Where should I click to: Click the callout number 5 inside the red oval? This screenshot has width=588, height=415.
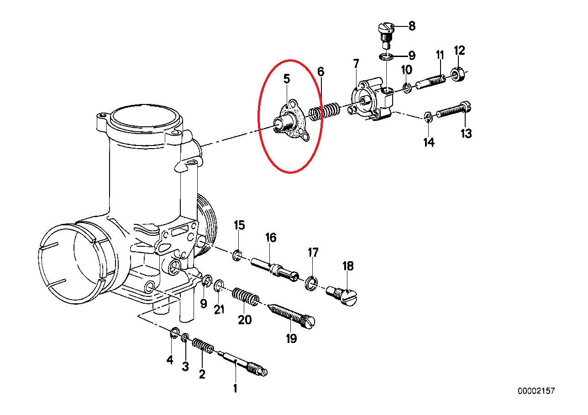[286, 79]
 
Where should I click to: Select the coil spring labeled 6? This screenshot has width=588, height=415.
[325, 111]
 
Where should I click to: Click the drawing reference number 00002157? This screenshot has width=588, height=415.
[536, 391]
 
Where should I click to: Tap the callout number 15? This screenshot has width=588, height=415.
[240, 225]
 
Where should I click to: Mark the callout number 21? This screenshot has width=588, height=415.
[220, 309]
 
